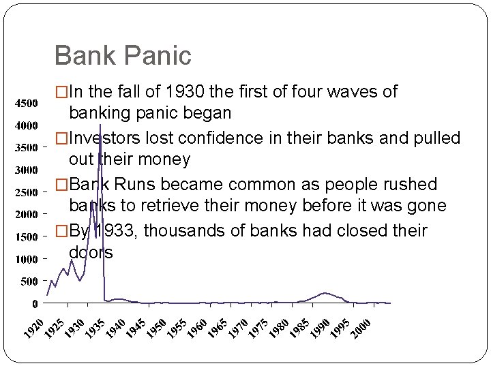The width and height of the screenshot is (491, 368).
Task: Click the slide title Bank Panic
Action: click(123, 55)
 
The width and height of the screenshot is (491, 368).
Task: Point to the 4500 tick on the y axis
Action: click(27, 103)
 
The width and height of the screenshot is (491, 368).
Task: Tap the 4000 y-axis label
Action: click(27, 125)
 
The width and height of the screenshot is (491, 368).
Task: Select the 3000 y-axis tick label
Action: click(27, 170)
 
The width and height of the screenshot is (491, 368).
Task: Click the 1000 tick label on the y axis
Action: click(27, 260)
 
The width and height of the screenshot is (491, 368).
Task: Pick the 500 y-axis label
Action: click(29, 281)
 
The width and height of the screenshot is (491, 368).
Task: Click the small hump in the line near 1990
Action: click(326, 294)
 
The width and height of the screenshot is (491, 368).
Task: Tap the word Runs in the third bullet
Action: click(134, 185)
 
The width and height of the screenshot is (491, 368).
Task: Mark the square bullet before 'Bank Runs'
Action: click(62, 185)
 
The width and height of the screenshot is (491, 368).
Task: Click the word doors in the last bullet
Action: click(91, 252)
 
